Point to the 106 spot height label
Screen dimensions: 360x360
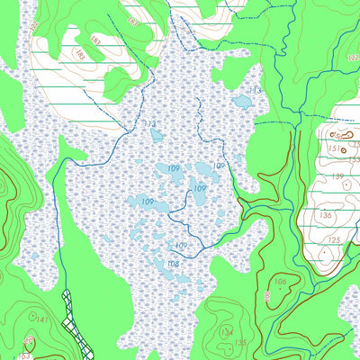coord(281,283)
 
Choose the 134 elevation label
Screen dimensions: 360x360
coord(226,332)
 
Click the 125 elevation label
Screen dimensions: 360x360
coord(334,239)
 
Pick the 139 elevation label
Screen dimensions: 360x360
coord(337,177)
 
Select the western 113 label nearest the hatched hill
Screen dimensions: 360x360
coord(149,123)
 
